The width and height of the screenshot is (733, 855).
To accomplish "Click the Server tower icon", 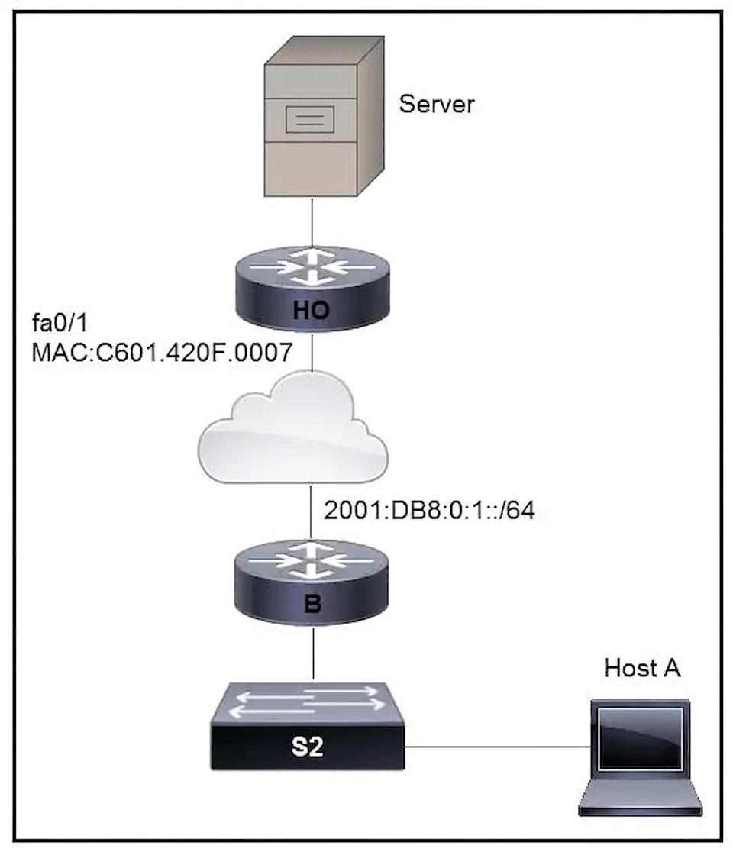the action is pyautogui.click(x=324, y=116).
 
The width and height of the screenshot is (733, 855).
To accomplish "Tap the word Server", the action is pyautogui.click(x=436, y=104).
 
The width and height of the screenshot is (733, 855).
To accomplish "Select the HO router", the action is pyautogui.click(x=312, y=289).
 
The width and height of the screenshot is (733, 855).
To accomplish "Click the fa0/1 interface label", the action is pyautogui.click(x=60, y=324).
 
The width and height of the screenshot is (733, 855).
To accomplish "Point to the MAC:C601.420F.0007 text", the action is pyautogui.click(x=162, y=352).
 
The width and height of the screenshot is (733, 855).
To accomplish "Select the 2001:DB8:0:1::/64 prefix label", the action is pyautogui.click(x=429, y=511).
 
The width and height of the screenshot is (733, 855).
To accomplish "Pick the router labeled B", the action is pyautogui.click(x=312, y=584).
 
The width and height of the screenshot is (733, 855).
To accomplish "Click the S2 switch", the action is pyautogui.click(x=308, y=726).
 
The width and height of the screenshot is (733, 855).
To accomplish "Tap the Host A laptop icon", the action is pyautogui.click(x=641, y=758).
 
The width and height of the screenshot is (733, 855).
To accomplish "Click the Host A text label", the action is pyautogui.click(x=642, y=668).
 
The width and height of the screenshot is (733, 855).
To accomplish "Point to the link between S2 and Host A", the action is pyautogui.click(x=498, y=747).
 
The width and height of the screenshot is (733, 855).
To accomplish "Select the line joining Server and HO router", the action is pyautogui.click(x=312, y=222).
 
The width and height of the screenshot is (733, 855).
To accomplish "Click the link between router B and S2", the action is pyautogui.click(x=314, y=653).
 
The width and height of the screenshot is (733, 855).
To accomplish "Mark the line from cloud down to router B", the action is pyautogui.click(x=310, y=511).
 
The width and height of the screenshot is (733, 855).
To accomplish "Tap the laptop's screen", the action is pyautogui.click(x=641, y=740).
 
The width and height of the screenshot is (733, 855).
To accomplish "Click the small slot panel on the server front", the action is pyautogui.click(x=310, y=119).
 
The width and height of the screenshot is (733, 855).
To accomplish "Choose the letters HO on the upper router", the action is pyautogui.click(x=312, y=310).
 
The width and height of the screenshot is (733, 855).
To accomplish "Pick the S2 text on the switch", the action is pyautogui.click(x=308, y=746).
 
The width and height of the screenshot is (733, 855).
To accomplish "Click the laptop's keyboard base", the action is pyautogui.click(x=641, y=798).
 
